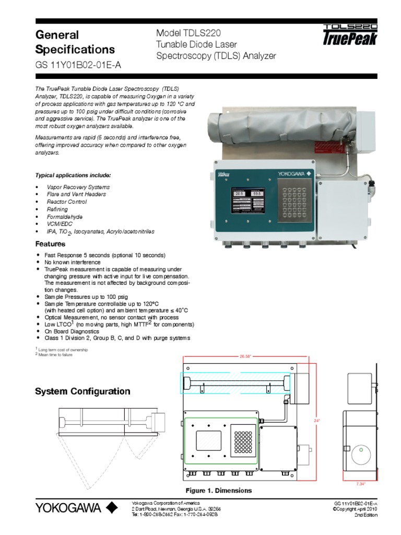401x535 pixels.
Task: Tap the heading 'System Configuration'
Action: coord(82,391)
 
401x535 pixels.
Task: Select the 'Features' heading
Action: coord(50,244)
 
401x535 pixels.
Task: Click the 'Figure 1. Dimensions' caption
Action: coord(219,491)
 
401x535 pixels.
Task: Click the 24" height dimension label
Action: coord(316,420)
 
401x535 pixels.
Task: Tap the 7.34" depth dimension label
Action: coord(361,484)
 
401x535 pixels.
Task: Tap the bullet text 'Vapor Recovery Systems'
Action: coord(78,187)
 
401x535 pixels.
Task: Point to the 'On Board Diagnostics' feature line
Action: coord(72,331)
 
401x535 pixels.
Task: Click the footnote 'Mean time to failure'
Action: coord(55,354)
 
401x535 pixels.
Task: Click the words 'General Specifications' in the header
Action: coord(75,42)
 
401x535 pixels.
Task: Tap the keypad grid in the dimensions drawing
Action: coord(244,442)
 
